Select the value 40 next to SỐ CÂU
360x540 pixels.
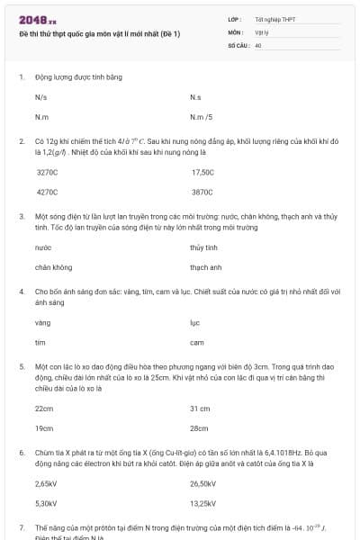click(258, 44)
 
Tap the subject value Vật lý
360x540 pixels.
click(263, 31)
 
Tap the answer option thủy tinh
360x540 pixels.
click(203, 247)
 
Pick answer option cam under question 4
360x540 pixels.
click(197, 342)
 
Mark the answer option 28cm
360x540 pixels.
click(199, 428)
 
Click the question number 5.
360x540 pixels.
click(21, 367)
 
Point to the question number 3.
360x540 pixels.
click(21, 216)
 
